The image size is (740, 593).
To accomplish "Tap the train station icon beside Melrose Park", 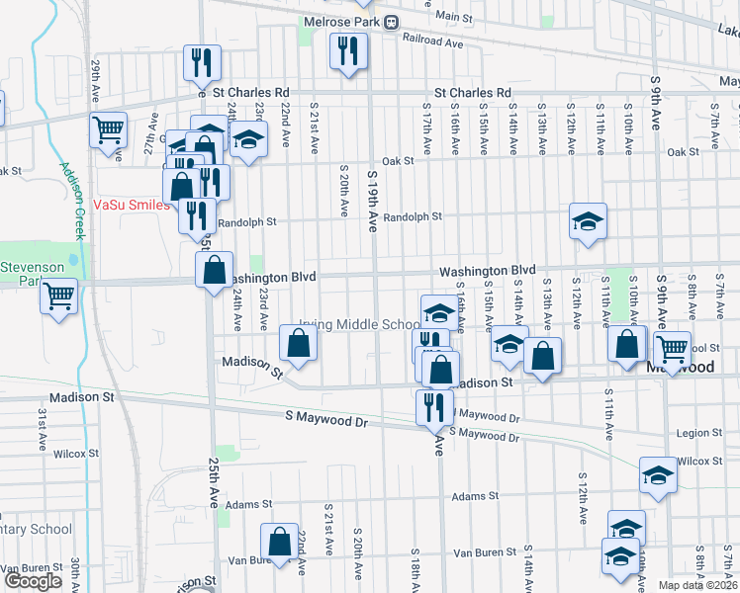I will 392,22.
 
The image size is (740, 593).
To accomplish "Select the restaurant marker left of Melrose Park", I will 348,51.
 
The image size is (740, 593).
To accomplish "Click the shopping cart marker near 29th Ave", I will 109,129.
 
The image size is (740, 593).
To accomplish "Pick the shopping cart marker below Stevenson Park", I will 59,295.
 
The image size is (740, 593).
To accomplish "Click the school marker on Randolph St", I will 588,220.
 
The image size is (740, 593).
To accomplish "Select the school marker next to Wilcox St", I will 659,475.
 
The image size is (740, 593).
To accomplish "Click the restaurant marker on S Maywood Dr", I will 434,405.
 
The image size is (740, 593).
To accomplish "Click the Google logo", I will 33,581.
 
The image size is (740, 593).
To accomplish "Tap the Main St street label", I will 453,17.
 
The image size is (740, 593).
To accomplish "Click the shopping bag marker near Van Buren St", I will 279,542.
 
